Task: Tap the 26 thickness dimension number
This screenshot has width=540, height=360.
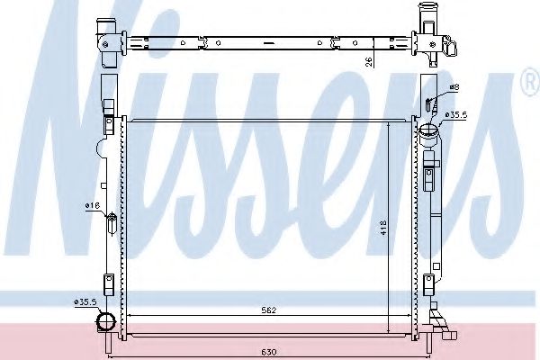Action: point(368,62)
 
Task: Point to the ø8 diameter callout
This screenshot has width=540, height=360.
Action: point(454,87)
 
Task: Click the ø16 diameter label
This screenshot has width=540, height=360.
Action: point(92,206)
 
